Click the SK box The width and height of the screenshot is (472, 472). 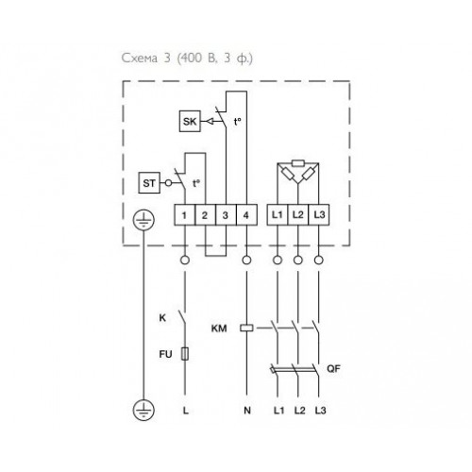tap(190, 121)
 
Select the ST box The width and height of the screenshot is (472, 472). tap(149, 182)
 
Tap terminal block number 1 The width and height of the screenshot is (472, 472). tap(184, 215)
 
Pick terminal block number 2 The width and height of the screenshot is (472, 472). tap(205, 215)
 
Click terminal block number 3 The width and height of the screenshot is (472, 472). tap(226, 215)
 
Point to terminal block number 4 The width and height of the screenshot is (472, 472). tap(246, 215)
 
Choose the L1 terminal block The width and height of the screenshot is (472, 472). tap(278, 215)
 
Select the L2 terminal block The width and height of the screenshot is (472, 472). tap(298, 215)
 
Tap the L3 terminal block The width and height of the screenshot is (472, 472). tap(319, 215)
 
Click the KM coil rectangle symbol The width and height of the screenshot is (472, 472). tap(246, 328)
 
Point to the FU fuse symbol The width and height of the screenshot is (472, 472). tap(185, 354)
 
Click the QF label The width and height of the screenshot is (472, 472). tap(333, 368)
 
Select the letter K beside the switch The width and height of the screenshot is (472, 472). tap(162, 318)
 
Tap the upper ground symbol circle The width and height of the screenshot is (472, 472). tap(143, 220)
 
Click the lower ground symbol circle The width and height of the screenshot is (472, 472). tap(143, 410)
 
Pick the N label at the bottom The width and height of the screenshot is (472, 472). tap(247, 411)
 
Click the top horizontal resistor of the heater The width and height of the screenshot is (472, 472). tap(297, 163)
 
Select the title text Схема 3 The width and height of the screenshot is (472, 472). tap(146, 58)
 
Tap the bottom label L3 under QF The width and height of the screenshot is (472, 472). tap(321, 411)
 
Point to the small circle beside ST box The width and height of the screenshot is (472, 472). tap(169, 182)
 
